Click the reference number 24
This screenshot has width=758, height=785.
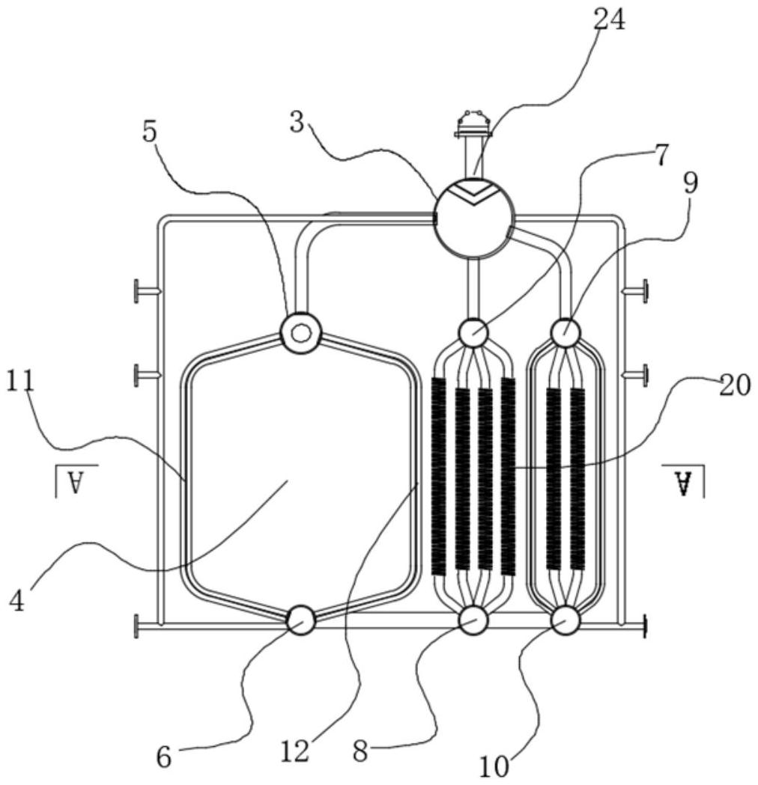tap(609, 20)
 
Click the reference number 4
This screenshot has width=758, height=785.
tap(16, 599)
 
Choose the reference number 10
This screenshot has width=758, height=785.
tap(495, 766)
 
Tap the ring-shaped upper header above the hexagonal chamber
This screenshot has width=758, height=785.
tap(300, 332)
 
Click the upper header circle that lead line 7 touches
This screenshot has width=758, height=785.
tap(473, 332)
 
